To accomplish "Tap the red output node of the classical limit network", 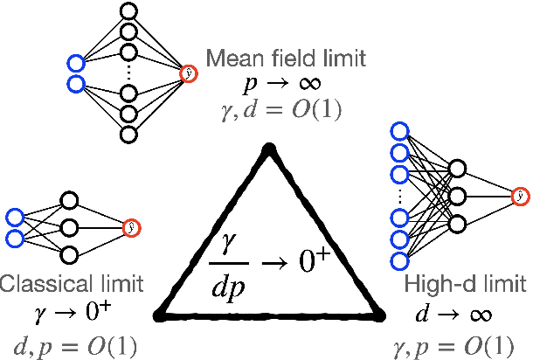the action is tap(132, 227).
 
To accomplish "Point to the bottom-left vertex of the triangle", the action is tap(159, 313).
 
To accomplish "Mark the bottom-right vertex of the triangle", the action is tap(379, 313).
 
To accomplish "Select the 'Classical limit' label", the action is tap(72, 284).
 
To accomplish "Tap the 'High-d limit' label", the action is tap(465, 284).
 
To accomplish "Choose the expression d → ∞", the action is tap(466, 311).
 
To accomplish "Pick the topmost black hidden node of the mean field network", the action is tap(129, 11).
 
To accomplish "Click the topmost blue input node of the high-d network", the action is tap(398, 132).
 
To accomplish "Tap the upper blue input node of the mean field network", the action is tap(75, 62).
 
